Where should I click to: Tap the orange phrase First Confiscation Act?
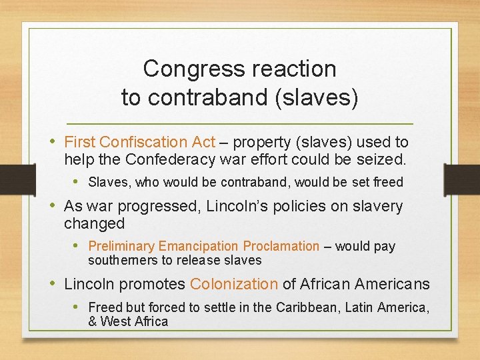[139, 142]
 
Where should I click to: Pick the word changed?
[95, 223]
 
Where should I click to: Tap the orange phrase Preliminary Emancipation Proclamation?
[204, 246]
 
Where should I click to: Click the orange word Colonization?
[233, 284]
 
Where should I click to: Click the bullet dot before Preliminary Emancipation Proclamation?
[77, 246]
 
